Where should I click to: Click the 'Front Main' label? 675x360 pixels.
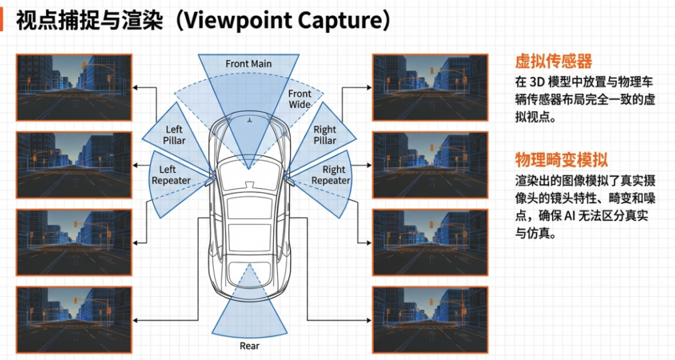pos(249,64)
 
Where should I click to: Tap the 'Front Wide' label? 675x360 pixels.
pos(299,99)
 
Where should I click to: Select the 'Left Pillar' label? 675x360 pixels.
pos(174,135)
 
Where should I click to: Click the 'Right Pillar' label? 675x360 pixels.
pos(324,135)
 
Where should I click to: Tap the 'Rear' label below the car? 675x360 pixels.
pos(249,346)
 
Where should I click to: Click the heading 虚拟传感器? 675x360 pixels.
pos(553,61)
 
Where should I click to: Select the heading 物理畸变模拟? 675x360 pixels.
pos(561,159)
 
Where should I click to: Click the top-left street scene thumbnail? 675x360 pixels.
pos(74,87)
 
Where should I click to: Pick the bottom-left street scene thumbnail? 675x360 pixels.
pos(74,320)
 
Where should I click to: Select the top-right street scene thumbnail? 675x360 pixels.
pos(429,87)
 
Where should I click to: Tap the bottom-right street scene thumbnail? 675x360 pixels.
pos(429,320)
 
